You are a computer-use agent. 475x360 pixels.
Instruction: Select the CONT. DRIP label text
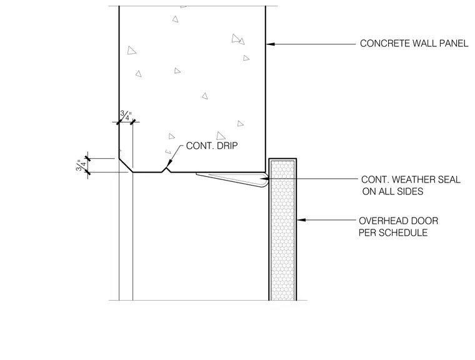click(x=212, y=146)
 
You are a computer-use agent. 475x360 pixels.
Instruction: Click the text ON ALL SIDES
click(x=392, y=191)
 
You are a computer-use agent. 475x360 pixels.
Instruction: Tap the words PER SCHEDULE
click(x=393, y=232)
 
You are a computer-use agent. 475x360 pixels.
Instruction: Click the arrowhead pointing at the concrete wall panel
click(x=270, y=44)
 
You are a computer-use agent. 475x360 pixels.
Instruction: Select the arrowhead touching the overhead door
click(x=301, y=220)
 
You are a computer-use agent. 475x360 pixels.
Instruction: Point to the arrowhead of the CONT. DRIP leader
click(x=169, y=164)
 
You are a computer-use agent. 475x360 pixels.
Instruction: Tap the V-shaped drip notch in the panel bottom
click(x=166, y=169)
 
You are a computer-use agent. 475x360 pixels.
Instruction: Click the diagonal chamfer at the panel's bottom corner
click(x=126, y=165)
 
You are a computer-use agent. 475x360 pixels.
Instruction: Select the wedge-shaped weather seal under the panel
click(x=232, y=179)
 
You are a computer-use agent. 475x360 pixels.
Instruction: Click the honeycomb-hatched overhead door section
click(x=282, y=229)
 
